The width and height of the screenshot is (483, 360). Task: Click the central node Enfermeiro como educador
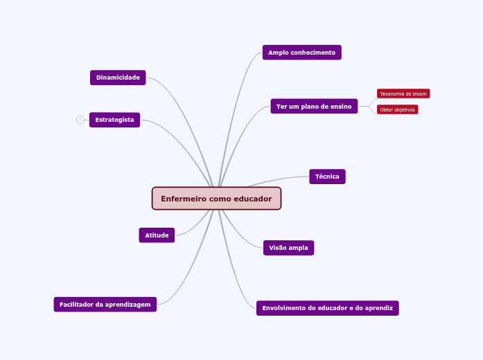[216, 199]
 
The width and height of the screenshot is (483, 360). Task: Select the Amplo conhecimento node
[301, 53]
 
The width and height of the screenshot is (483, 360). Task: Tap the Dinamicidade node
[118, 78]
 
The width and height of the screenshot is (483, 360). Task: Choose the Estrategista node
[114, 120]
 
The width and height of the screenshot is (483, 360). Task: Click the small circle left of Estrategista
[80, 120]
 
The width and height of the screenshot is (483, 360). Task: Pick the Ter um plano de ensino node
[314, 107]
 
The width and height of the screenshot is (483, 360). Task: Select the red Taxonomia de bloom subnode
[403, 93]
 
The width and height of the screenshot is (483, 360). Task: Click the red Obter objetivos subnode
[398, 109]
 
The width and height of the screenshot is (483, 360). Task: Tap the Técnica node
[327, 177]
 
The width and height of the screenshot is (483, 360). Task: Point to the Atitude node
[157, 235]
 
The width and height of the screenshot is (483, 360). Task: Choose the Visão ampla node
[288, 248]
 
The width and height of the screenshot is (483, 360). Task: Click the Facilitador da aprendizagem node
[105, 305]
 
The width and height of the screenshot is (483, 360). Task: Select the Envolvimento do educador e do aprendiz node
[327, 308]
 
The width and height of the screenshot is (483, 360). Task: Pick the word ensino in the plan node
[341, 107]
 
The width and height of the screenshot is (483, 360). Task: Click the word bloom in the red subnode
[419, 93]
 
